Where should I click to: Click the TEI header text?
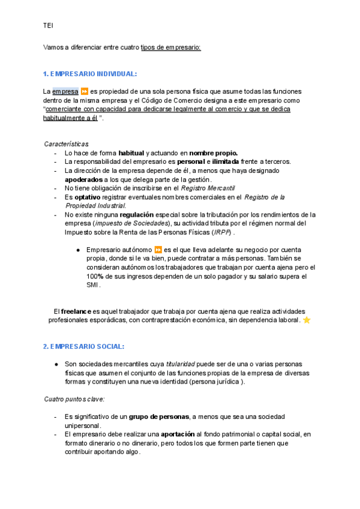click(49, 26)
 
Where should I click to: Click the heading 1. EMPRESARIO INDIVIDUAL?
click(90, 74)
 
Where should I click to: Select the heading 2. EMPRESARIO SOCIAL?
click(83, 347)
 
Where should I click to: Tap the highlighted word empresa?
click(65, 91)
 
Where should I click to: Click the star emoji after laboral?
click(307, 321)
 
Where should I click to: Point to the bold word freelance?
click(76, 312)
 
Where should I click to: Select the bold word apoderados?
click(83, 179)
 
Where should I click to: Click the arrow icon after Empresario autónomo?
click(158, 250)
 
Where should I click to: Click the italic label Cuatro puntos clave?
click(74, 399)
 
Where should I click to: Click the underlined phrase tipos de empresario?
click(171, 47)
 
